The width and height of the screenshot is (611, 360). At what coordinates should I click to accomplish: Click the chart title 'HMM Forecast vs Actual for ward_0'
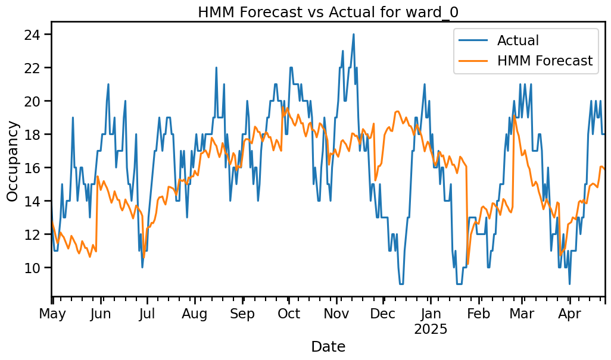click(328, 11)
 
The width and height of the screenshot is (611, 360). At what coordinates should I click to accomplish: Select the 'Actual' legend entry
click(518, 40)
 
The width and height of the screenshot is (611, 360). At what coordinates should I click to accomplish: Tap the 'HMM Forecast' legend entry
click(544, 61)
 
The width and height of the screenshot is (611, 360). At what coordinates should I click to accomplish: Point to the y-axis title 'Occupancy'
click(13, 161)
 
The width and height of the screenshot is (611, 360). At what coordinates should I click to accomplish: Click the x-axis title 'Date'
click(328, 347)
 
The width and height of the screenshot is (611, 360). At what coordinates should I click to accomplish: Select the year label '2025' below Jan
click(431, 329)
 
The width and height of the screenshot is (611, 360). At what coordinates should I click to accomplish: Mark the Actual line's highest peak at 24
click(353, 35)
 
